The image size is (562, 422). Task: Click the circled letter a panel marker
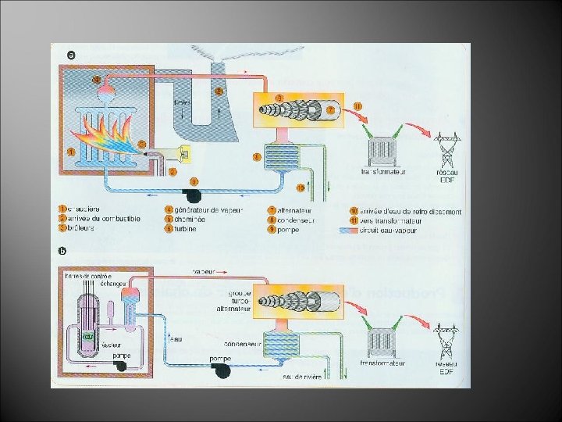tap(72, 55)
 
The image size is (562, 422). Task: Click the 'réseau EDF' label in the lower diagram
tap(447, 367)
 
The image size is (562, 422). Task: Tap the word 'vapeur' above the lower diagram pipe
tap(206, 270)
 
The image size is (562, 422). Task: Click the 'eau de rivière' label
tap(301, 377)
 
